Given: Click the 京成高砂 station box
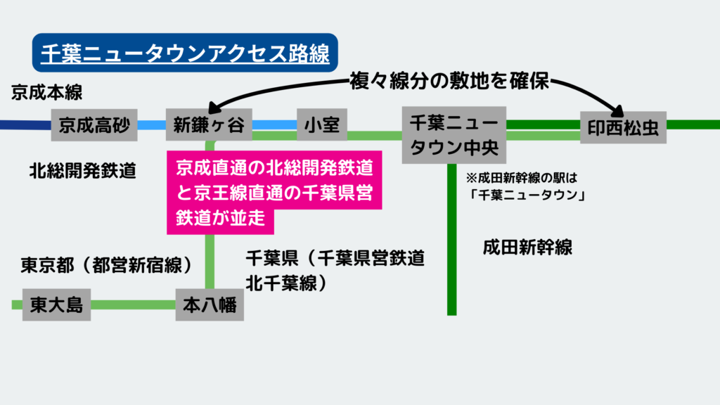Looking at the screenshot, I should (94, 125).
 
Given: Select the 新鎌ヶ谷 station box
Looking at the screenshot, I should (208, 125).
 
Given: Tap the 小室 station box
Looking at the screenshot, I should (322, 125).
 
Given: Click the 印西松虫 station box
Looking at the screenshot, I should (623, 127).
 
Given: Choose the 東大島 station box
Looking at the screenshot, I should (56, 304).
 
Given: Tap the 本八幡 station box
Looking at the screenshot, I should (210, 304).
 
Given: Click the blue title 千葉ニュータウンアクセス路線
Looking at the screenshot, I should (185, 52).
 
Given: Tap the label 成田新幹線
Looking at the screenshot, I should (527, 247).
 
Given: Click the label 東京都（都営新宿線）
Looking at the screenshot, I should (106, 265).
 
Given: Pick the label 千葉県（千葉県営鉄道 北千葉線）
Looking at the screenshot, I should (335, 270).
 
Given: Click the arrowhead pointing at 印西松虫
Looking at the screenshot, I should (619, 110).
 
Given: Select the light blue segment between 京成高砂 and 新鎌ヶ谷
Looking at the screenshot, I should (150, 125).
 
